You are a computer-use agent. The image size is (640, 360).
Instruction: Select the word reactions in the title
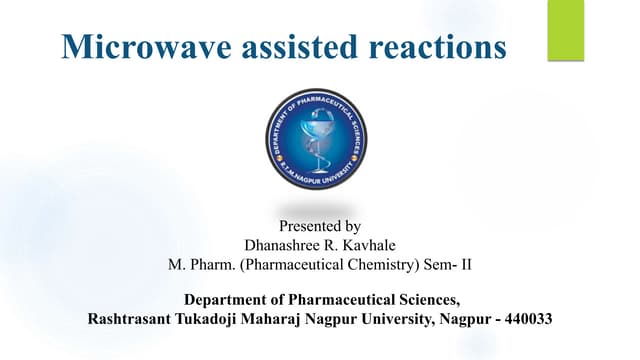tap(437, 47)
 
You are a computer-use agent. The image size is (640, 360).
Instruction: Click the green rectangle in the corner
tap(565, 30)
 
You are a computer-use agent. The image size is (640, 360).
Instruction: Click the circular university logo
tap(317, 139)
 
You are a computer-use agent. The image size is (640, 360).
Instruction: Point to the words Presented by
tap(317, 227)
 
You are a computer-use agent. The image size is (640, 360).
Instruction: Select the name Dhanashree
tap(284, 246)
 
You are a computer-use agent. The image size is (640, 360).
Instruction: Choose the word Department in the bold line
tap(227, 299)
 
